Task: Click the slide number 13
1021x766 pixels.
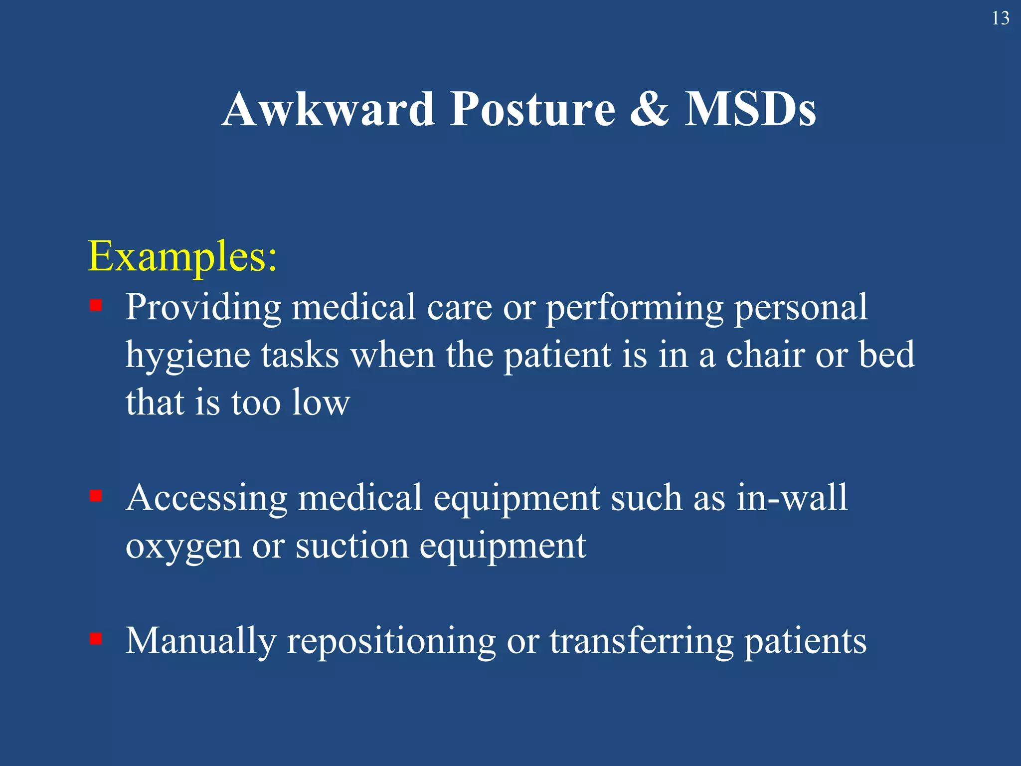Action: (x=1000, y=18)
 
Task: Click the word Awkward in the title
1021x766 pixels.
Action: (x=329, y=109)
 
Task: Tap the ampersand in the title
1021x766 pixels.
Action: (x=649, y=109)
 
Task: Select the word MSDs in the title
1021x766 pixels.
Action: (x=750, y=109)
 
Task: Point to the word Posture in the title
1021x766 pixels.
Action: (x=532, y=109)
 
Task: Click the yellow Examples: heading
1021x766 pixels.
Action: (x=182, y=256)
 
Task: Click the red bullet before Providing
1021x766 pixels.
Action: (x=96, y=305)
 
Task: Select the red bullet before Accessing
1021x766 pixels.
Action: (x=96, y=496)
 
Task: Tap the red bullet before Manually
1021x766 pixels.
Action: (x=96, y=639)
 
